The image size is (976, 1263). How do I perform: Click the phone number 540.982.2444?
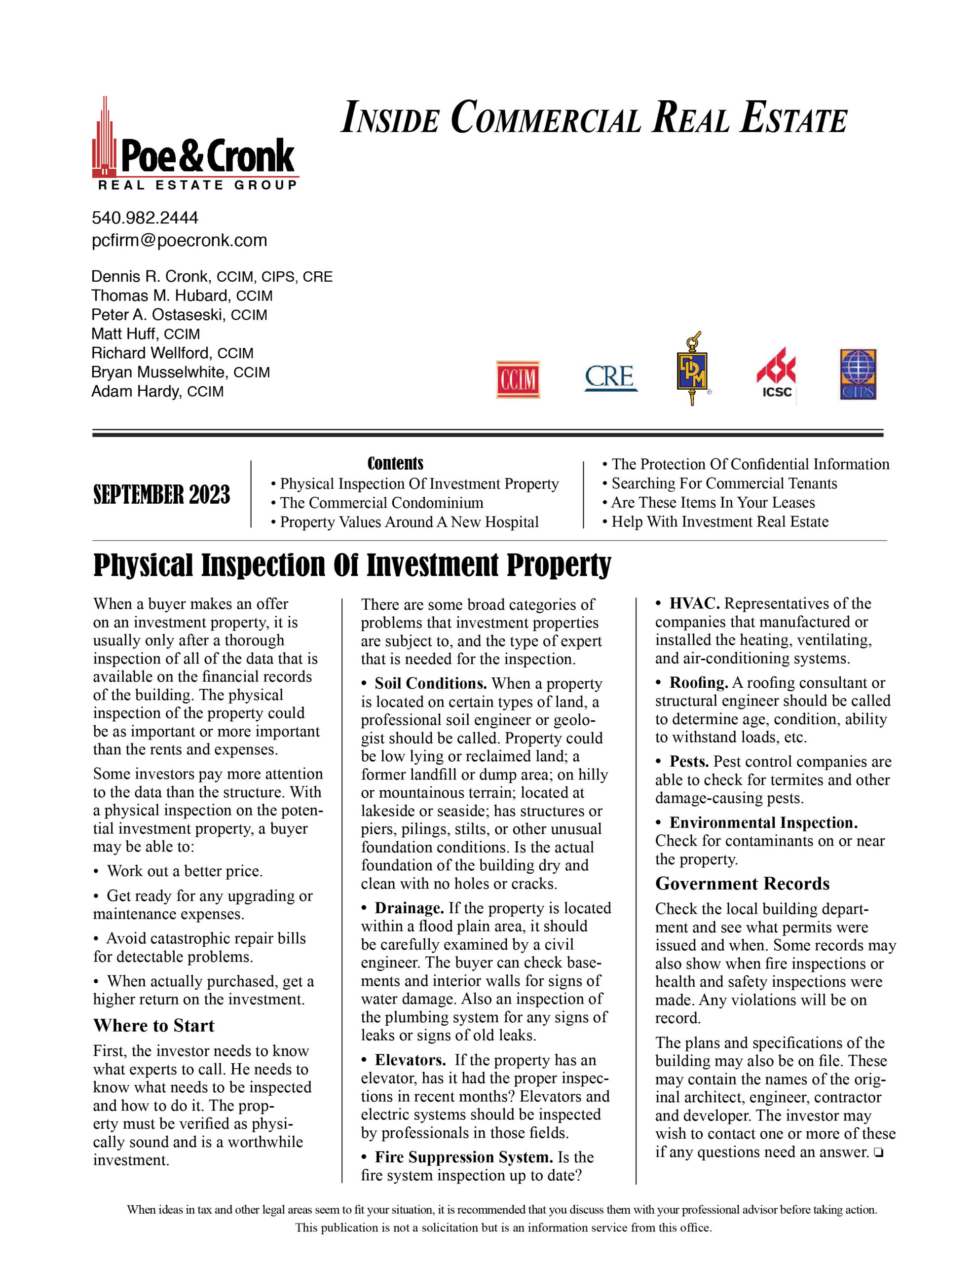pos(145,218)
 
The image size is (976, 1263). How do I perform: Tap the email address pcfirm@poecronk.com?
pos(179,241)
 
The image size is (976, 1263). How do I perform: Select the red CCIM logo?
pos(518,379)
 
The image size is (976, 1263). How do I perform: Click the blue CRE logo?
pos(610,377)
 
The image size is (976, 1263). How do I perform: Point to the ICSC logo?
pos(776,373)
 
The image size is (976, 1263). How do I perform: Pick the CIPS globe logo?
pos(858,374)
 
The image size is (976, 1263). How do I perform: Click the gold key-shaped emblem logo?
pos(692,369)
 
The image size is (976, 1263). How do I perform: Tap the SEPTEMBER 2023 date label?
pos(161,495)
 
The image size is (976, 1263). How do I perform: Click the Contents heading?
pos(395,464)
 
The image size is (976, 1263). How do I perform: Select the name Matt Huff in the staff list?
pos(124,334)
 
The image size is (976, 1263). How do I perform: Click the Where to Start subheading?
pos(154,1026)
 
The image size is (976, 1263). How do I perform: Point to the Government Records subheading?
pos(742,884)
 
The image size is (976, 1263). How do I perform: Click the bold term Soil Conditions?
pos(430,683)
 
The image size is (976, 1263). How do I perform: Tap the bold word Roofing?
pos(698,683)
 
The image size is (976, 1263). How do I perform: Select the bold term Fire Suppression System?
pos(464,1157)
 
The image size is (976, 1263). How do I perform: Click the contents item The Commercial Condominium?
pos(381,503)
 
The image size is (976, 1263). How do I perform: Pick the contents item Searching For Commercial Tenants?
pos(724,483)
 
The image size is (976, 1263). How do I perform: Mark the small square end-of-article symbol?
pos(879,1152)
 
